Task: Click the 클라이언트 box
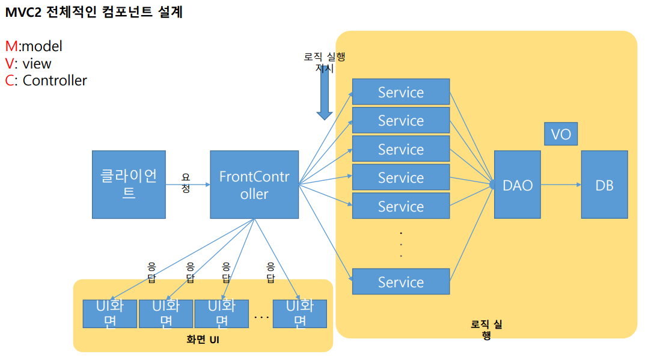point(129,185)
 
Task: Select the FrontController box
point(254,185)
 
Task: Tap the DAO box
point(518,185)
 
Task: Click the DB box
point(604,185)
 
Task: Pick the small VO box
point(561,133)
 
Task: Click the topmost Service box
point(400,92)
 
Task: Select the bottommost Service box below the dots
point(400,282)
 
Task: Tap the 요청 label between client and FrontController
point(186,183)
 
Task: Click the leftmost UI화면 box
point(109,313)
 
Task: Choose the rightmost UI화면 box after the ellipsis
point(299,313)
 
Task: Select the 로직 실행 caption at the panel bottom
point(486,330)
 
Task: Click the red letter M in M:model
point(11,46)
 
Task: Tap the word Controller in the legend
point(55,81)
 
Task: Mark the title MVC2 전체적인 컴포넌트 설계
point(94,12)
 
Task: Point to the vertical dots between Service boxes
point(400,244)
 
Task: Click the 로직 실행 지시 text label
point(325,62)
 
